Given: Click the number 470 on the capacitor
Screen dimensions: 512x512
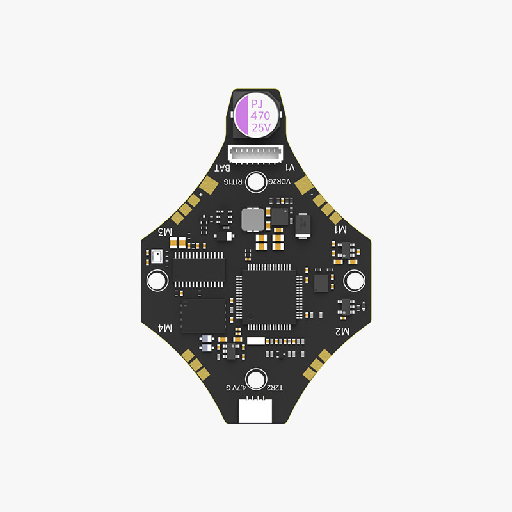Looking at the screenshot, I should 260,116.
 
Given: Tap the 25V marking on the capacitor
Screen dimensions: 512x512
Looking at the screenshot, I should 261,128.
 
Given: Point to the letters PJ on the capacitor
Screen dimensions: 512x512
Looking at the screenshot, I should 257,104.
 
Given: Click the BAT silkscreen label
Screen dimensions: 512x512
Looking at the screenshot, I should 222,168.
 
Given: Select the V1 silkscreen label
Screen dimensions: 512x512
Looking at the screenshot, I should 289,168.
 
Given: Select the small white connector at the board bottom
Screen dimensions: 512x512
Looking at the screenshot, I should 256,410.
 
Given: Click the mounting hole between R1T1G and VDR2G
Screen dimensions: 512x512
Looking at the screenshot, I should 257,182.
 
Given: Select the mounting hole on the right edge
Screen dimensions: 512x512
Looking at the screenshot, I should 353,280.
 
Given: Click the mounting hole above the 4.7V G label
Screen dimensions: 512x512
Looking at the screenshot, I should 257,378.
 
